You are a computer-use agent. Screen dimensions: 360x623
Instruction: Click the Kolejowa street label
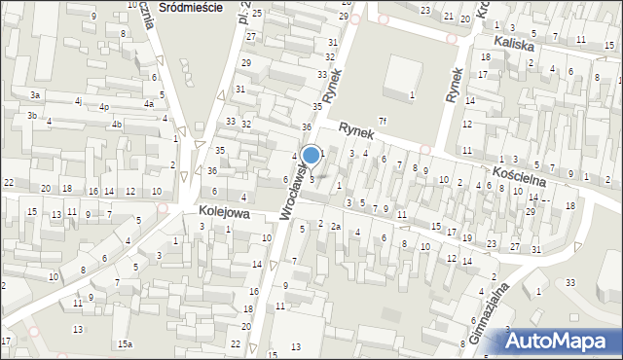pyautogui.click(x=224, y=211)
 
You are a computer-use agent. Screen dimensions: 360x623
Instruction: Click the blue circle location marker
pyautogui.click(x=311, y=155)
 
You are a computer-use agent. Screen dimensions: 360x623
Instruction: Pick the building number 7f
pyautogui.click(x=383, y=121)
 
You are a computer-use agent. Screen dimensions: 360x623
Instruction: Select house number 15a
pyautogui.click(x=125, y=344)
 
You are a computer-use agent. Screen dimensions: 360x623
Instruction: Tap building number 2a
pyautogui.click(x=335, y=226)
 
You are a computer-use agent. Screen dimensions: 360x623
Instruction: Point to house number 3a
pyautogui.click(x=34, y=95)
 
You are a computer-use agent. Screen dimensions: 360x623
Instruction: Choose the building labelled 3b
pyautogui.click(x=32, y=116)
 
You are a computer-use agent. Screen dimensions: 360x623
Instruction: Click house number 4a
pyautogui.click(x=148, y=103)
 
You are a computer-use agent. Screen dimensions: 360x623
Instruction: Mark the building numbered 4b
pyautogui.click(x=116, y=124)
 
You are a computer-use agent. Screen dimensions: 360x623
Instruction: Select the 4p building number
pyautogui.click(x=104, y=106)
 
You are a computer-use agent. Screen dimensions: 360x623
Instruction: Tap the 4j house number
pyautogui.click(x=78, y=100)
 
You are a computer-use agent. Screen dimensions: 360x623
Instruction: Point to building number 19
pyautogui.click(x=467, y=237)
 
